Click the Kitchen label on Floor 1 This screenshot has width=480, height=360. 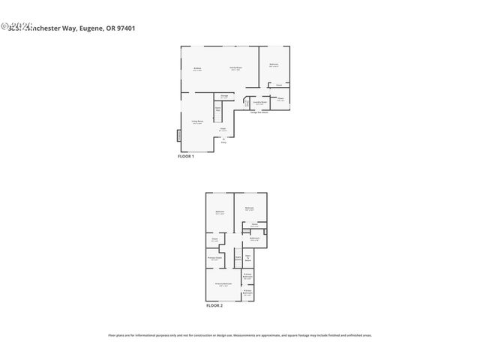pos(197,69)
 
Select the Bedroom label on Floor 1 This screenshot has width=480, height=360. pos(274,64)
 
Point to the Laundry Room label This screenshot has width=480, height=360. pos(259,103)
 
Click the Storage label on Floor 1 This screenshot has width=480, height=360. pos(224,96)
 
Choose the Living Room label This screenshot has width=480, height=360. pos(197,122)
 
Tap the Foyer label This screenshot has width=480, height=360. pos(223,130)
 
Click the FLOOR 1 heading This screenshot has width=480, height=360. pos(185,156)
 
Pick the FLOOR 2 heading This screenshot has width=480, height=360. pos(214,305)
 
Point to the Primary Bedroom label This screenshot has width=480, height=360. pos(223,284)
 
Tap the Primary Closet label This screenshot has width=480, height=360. pos(214,259)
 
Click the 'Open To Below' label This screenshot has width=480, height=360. pos(247,259)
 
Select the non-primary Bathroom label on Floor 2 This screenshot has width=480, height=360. pos(253,239)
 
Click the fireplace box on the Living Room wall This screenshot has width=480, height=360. pos(178,136)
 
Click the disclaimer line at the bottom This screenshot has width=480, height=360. pos(240,335)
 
